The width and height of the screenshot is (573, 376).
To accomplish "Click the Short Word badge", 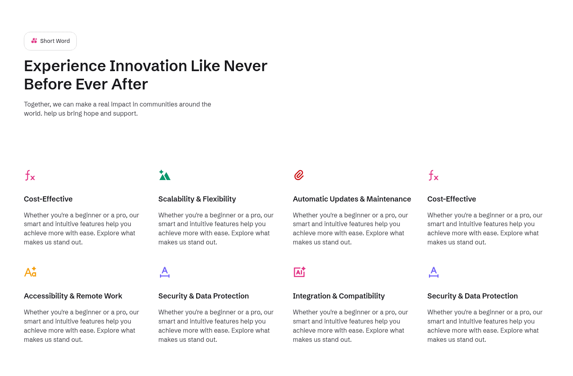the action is pyautogui.click(x=51, y=41).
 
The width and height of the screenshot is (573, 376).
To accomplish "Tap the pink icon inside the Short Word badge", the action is pyautogui.click(x=34, y=41).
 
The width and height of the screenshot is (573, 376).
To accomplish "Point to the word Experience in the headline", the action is pyautogui.click(x=65, y=66).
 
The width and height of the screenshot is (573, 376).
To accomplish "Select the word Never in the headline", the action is pyautogui.click(x=246, y=66).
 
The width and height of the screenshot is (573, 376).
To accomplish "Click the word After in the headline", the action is pyautogui.click(x=129, y=84).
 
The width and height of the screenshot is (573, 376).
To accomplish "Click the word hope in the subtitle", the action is pyautogui.click(x=91, y=114).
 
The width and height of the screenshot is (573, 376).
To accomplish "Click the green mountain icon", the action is pyautogui.click(x=165, y=175).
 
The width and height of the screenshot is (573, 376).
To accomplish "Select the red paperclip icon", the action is pyautogui.click(x=299, y=175).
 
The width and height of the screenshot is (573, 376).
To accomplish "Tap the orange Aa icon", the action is pyautogui.click(x=30, y=272).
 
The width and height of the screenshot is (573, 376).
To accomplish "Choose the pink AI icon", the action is pyautogui.click(x=300, y=272).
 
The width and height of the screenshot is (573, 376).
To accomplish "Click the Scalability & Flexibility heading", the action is pyautogui.click(x=197, y=199).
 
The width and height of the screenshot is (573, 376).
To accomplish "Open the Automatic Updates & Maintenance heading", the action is pyautogui.click(x=352, y=199).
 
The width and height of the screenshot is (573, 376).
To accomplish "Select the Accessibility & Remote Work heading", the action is pyautogui.click(x=73, y=296).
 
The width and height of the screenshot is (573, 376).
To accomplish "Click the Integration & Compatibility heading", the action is pyautogui.click(x=339, y=296).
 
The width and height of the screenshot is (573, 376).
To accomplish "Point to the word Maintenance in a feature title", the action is pyautogui.click(x=388, y=199).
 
